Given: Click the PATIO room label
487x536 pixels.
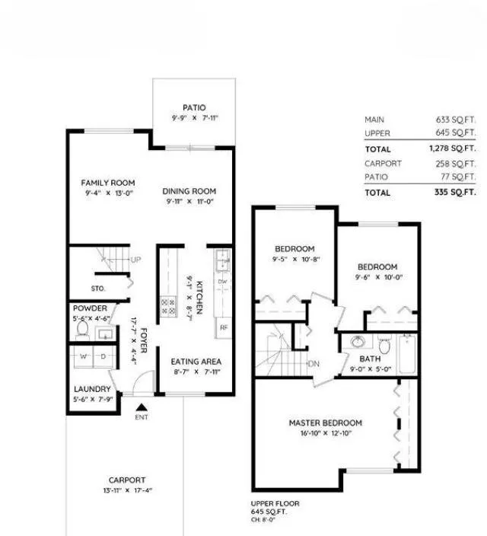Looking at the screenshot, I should click(194, 108).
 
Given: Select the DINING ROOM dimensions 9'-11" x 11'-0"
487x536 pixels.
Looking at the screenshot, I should click(191, 203).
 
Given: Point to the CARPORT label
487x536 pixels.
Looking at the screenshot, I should click(126, 480).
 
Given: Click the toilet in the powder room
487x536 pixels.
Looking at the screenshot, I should click(84, 332).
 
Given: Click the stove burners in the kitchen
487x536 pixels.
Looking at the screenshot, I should click(167, 307).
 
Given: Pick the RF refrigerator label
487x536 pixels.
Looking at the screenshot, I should click(224, 328).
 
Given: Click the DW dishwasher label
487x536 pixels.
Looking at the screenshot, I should click(223, 282).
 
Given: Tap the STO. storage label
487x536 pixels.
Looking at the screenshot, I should click(98, 289).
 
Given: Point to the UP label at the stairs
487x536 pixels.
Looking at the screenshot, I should click(135, 260).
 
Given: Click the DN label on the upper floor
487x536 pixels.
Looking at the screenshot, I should click(313, 363).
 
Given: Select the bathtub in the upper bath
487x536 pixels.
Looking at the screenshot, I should click(407, 354).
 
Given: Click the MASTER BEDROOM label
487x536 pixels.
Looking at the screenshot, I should click(325, 423).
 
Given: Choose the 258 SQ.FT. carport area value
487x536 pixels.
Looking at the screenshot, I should click(458, 164).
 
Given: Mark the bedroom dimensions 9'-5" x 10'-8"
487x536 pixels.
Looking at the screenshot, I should click(294, 260).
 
